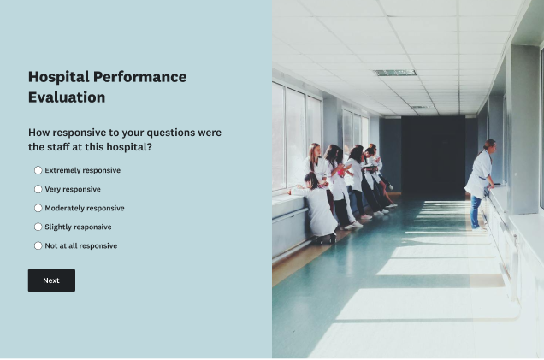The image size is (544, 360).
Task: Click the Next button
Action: pos(51,280)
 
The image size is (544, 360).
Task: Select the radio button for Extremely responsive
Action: pos(38,170)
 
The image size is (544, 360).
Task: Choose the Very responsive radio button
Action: pos(38,189)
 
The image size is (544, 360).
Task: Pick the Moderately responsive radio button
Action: pos(38,208)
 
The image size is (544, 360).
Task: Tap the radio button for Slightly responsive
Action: pos(38,227)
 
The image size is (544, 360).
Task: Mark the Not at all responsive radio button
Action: pos(38,245)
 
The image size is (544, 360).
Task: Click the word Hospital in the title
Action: pos(57,77)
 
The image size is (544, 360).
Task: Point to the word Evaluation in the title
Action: pos(67,97)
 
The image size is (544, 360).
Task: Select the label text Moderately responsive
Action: pos(85,208)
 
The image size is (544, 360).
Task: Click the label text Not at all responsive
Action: pos(81,245)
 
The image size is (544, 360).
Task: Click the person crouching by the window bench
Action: pos(319,210)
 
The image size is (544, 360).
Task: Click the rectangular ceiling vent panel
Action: pos(394,73)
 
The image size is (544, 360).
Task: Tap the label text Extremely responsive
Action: pos(82,170)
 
